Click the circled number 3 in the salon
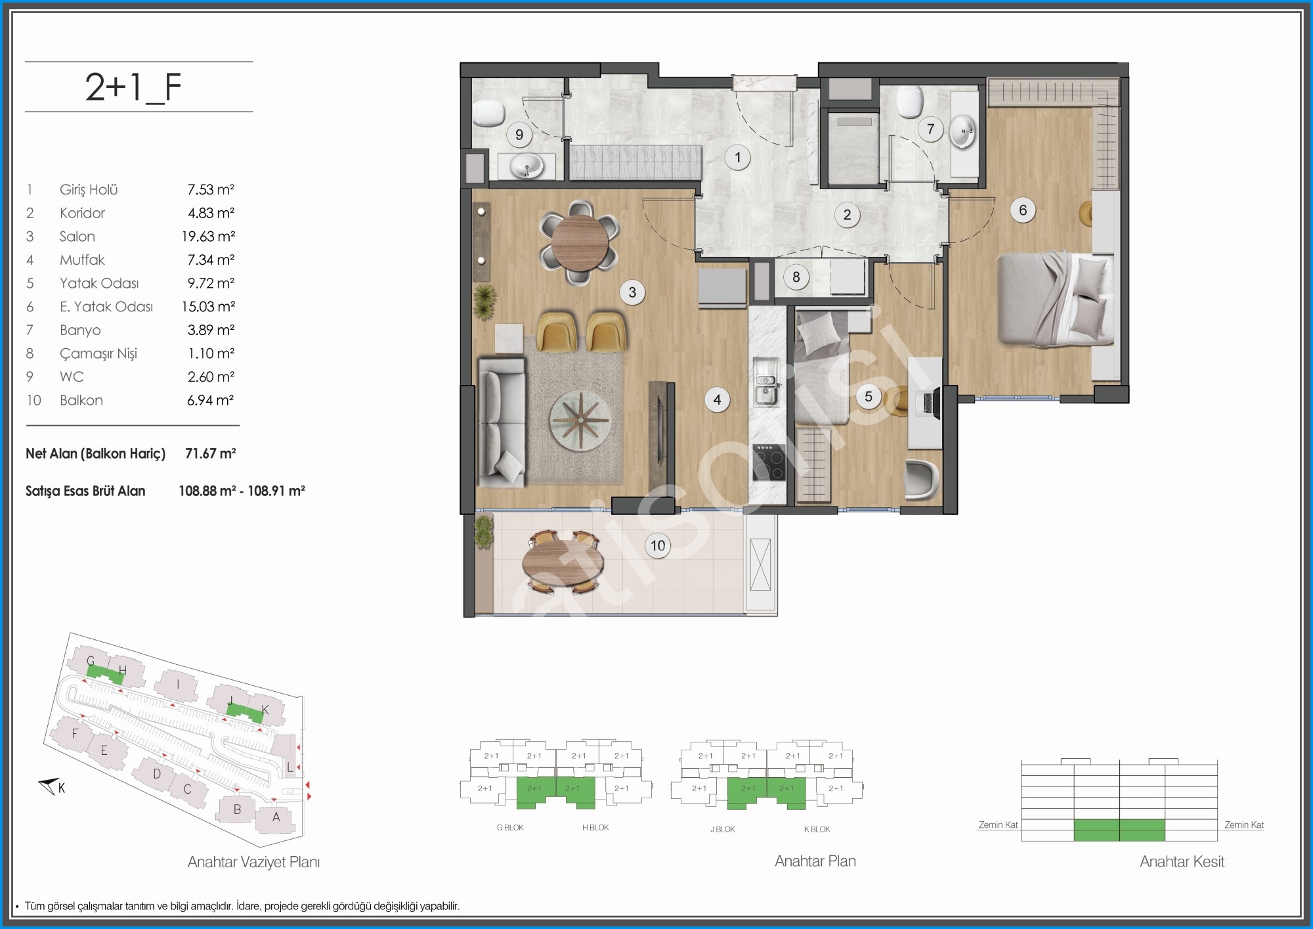tap(632, 292)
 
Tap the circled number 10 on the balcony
tap(658, 545)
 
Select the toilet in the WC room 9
tap(488, 113)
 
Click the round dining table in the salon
tap(580, 243)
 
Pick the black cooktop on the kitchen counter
tap(769, 463)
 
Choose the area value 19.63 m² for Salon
tap(208, 237)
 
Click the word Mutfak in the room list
tap(82, 260)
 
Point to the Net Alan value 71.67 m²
tap(211, 453)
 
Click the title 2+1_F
tap(133, 87)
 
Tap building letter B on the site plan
tap(237, 809)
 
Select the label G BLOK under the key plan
tap(510, 828)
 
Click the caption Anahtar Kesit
tap(1182, 861)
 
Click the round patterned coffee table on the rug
tap(580, 420)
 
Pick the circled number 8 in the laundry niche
tap(796, 277)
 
